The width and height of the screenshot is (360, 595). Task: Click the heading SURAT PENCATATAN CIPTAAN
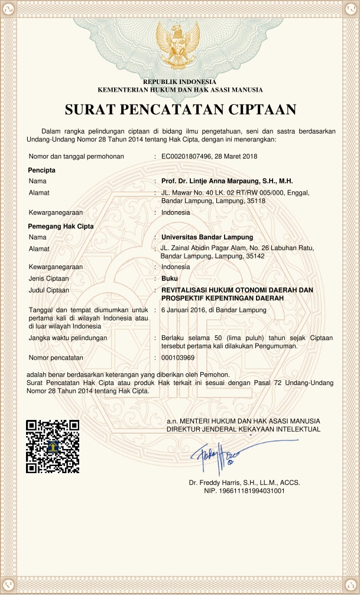(x=180, y=110)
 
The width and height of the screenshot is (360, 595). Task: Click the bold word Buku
(x=170, y=278)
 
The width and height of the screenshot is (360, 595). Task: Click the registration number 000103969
(x=178, y=358)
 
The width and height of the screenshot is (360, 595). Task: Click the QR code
(x=53, y=446)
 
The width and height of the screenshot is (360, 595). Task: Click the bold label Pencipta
(x=42, y=170)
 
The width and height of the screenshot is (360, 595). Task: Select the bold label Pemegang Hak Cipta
(x=61, y=226)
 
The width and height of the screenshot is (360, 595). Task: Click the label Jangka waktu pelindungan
(x=67, y=338)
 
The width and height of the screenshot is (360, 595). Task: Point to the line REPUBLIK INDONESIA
(x=180, y=81)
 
